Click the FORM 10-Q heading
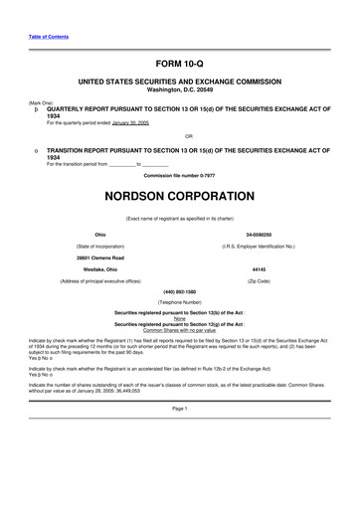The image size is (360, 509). [x=179, y=62]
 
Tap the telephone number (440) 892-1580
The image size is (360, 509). [x=179, y=292]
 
